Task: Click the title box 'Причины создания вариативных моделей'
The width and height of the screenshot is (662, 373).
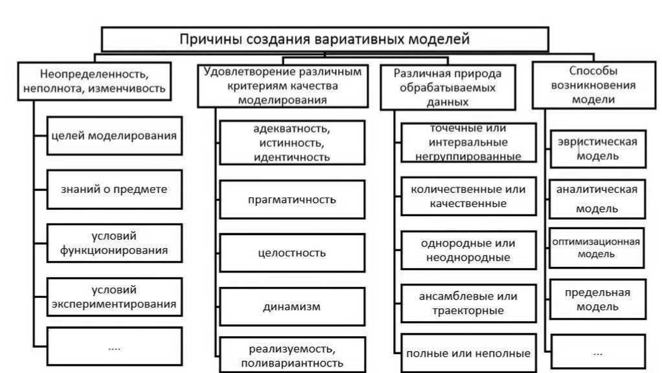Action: (325, 39)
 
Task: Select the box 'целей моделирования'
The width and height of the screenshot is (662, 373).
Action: (114, 135)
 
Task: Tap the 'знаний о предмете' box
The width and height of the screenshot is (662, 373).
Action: (114, 189)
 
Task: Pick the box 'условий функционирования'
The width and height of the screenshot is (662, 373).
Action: (114, 243)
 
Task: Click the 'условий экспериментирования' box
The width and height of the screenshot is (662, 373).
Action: (114, 296)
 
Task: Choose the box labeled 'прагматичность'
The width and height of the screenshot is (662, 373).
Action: (292, 199)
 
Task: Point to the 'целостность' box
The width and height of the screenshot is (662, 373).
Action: (292, 253)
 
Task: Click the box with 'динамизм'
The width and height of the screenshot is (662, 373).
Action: (292, 306)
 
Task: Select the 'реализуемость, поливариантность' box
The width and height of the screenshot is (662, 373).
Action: (292, 355)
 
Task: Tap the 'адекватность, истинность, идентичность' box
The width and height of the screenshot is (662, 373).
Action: (292, 143)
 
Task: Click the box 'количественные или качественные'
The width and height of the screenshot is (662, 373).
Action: (468, 196)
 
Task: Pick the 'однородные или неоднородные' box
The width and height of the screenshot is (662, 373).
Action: (468, 251)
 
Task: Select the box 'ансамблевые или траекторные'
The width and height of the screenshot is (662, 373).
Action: (468, 303)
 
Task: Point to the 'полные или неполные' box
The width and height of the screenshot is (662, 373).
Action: (468, 354)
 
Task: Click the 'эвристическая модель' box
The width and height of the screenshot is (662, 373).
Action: (597, 148)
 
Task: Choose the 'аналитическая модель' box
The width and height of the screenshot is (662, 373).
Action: (597, 199)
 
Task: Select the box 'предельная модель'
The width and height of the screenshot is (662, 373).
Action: (597, 299)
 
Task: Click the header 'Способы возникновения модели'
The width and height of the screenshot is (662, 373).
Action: (593, 85)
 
